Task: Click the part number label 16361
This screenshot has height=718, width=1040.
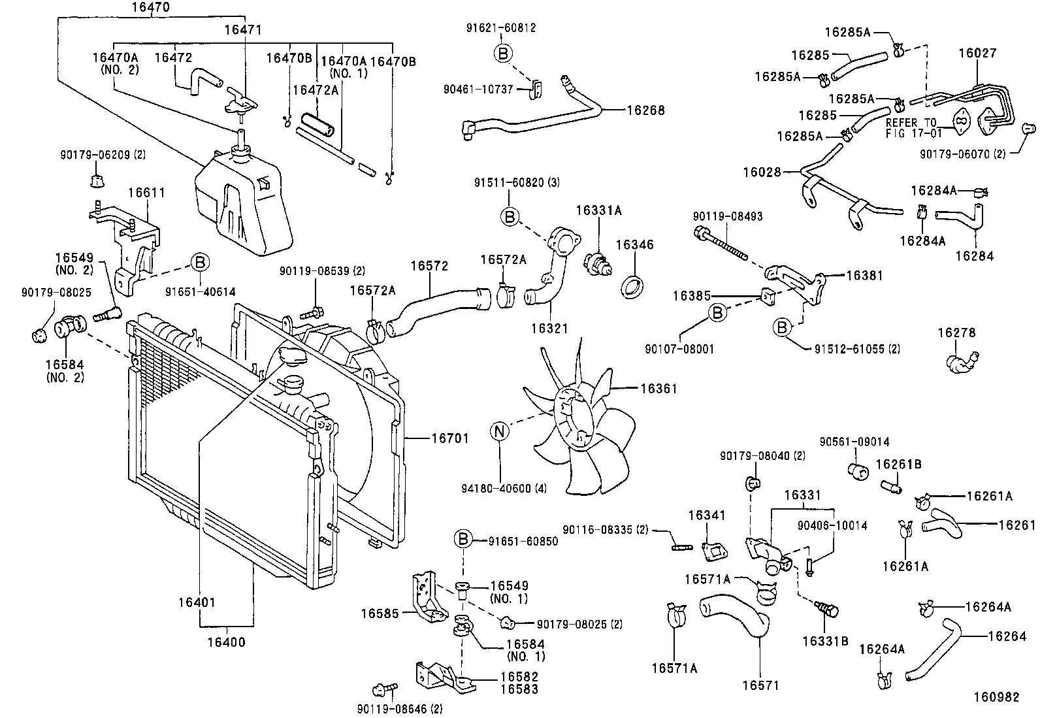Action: click(x=658, y=389)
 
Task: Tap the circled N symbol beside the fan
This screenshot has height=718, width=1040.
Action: click(x=500, y=431)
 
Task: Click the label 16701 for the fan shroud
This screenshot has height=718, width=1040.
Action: click(x=450, y=438)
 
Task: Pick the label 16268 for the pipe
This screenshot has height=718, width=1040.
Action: click(x=645, y=110)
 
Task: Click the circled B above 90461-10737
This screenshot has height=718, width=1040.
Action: click(x=502, y=53)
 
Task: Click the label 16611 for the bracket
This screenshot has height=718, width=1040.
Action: click(x=146, y=193)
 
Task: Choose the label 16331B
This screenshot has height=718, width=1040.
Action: click(x=826, y=641)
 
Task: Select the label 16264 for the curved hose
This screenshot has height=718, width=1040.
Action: click(x=1007, y=636)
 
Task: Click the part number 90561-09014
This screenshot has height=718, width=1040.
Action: click(x=854, y=442)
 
